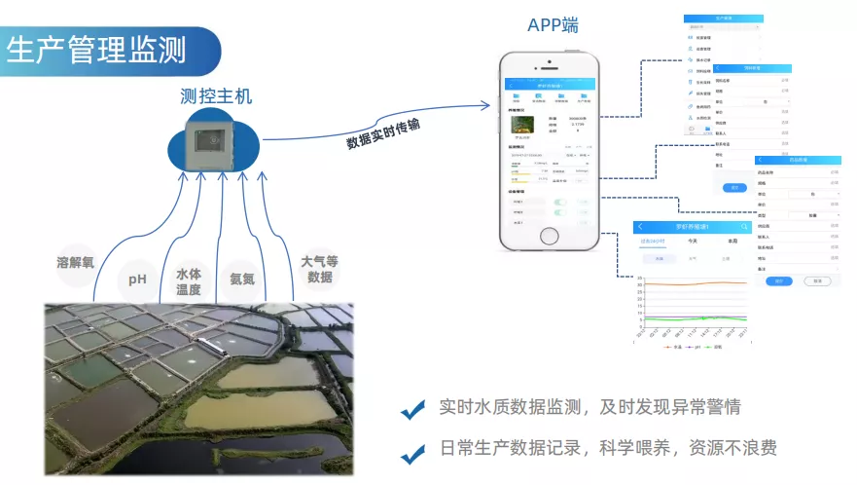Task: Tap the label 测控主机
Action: tap(216, 95)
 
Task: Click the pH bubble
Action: tap(137, 280)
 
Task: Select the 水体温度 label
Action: tap(189, 281)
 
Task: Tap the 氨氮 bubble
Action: tap(241, 279)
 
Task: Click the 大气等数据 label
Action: tap(319, 269)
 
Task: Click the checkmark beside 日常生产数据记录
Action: tap(412, 451)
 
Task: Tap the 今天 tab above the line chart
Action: tap(692, 241)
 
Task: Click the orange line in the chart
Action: tap(700, 283)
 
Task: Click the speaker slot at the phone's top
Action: tap(551, 63)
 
